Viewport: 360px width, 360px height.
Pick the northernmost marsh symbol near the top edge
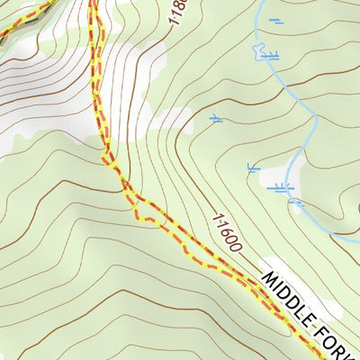pyautogui.click(x=276, y=20)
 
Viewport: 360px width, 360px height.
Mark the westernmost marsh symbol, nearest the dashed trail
pyautogui.click(x=216, y=117)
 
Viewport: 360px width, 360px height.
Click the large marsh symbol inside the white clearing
pyautogui.click(x=285, y=186)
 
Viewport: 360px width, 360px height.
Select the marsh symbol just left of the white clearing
pyautogui.click(x=254, y=166)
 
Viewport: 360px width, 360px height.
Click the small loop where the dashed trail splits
pyautogui.click(x=135, y=204)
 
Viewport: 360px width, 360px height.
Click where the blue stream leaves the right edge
pyautogui.click(x=357, y=239)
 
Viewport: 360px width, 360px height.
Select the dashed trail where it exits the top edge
pyautogui.click(x=93, y=3)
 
